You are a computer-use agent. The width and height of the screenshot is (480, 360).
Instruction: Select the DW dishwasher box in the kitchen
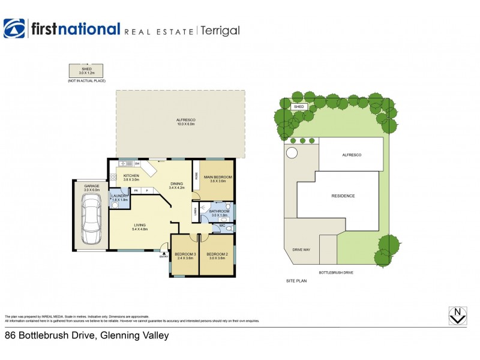point(137,163)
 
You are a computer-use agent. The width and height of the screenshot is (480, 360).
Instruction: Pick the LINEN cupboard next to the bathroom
point(195,211)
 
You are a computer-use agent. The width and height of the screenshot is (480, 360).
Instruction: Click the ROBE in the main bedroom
point(196,175)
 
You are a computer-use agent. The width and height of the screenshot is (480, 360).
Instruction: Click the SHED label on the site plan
point(299,107)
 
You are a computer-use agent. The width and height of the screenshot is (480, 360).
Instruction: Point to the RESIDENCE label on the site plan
point(343,196)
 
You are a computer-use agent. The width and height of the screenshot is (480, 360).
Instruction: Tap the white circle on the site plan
point(292,152)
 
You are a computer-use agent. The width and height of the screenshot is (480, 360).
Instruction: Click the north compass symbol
point(458,316)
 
